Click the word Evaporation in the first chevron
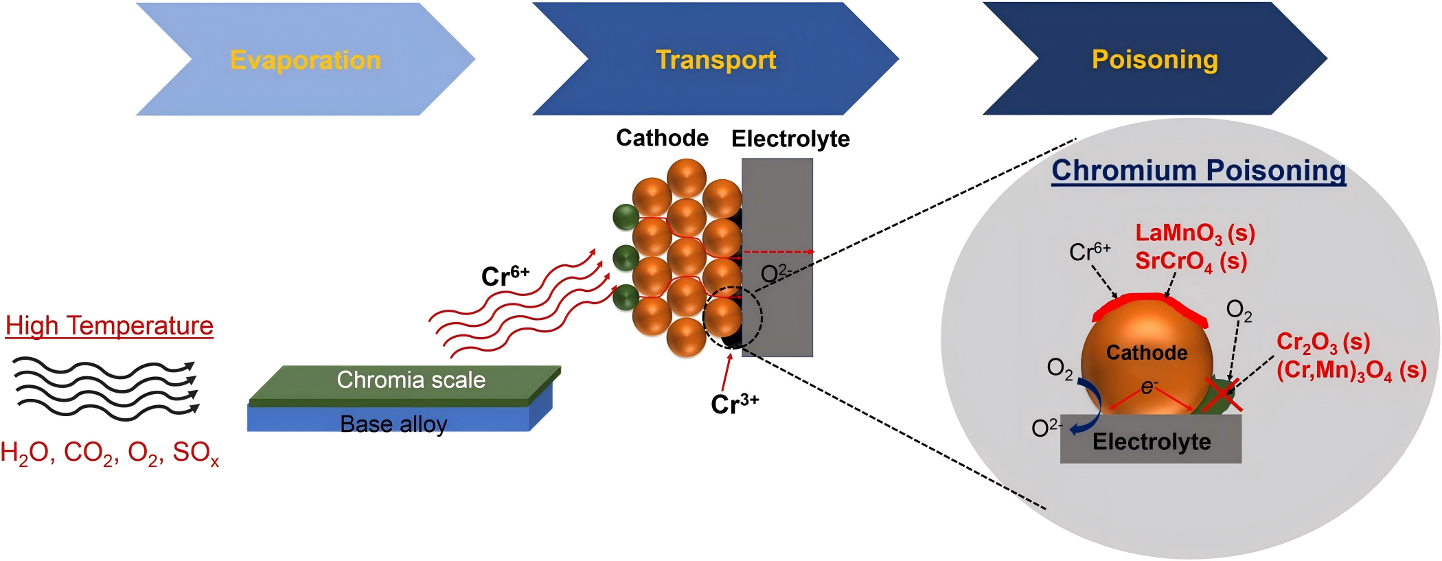305,60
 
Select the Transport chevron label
716,60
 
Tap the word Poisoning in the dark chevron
1154,60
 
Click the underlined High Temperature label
109,325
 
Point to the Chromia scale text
411,380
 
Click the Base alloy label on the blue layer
393,424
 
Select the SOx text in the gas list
196,453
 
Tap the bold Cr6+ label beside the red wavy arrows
505,276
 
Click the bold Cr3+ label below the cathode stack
734,404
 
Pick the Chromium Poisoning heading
1198,170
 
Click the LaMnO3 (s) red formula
1195,233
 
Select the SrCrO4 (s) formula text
1191,262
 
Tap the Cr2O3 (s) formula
1323,342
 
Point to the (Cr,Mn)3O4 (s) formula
1351,371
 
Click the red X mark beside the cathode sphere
1222,396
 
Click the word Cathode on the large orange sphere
1146,353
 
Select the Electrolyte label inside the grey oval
1151,442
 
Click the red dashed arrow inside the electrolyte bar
778,252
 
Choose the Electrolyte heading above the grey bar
790,139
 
